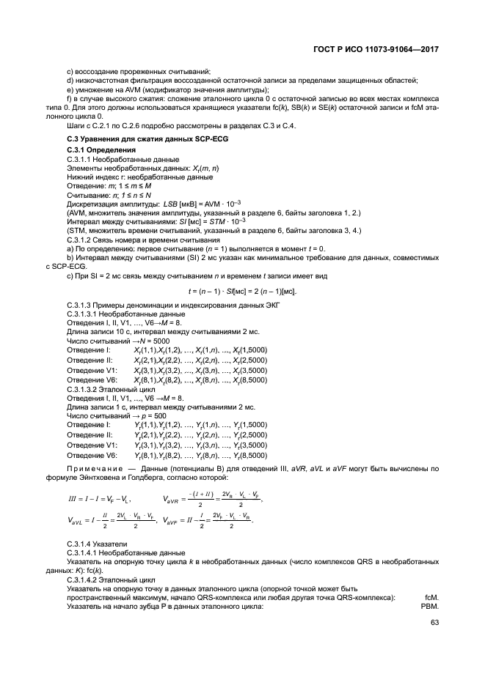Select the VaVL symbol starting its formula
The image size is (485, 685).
[x=76, y=520]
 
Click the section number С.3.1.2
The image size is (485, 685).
[x=81, y=240]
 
